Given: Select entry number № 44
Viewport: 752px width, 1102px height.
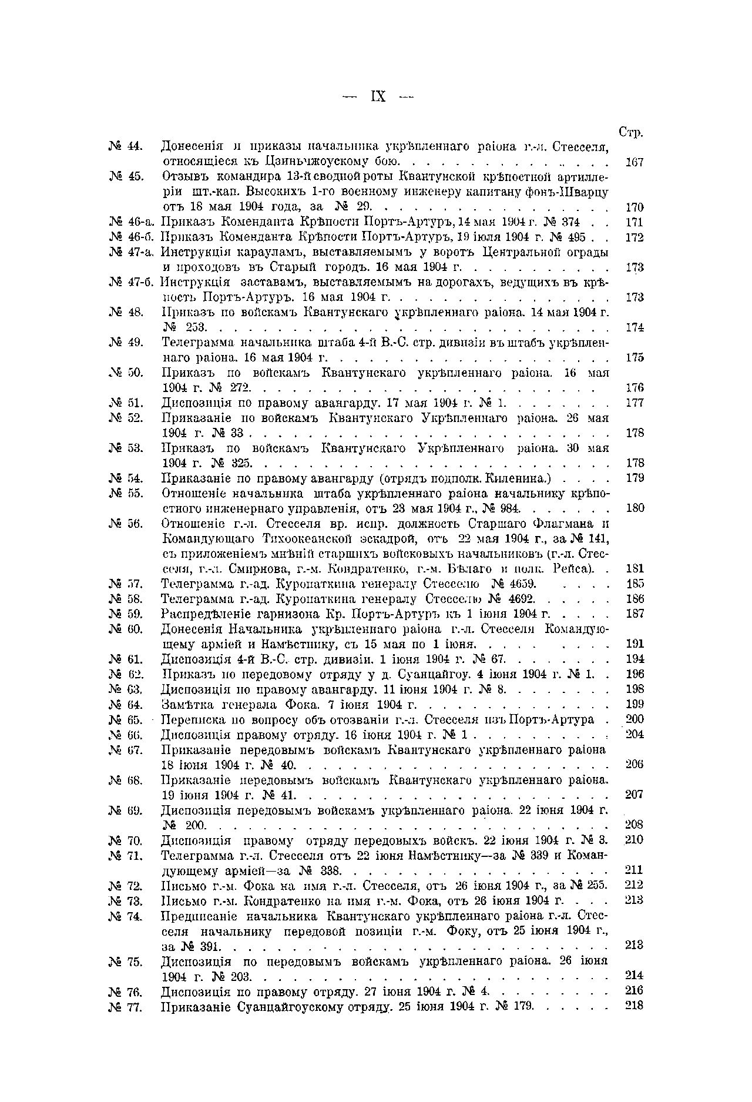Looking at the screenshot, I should tap(126, 146).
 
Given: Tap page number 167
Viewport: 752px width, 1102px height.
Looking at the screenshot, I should tap(634, 162).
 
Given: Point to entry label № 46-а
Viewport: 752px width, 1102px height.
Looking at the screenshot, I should tap(131, 222).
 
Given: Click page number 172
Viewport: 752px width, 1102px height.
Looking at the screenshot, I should tap(634, 237).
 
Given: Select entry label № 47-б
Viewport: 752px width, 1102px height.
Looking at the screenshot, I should tap(131, 282).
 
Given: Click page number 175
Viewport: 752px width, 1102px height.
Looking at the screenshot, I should tap(634, 357).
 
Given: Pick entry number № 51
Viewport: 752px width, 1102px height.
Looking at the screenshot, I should tap(126, 403).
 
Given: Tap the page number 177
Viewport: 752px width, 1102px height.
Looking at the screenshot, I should tap(634, 403).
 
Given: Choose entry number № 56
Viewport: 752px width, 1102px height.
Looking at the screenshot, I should tap(126, 523).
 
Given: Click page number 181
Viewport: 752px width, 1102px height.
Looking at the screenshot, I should tap(634, 568).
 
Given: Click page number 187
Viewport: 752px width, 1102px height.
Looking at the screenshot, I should tap(634, 614).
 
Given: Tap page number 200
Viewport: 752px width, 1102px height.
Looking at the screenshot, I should tap(634, 719).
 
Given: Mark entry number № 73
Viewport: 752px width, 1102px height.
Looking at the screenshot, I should tap(126, 900).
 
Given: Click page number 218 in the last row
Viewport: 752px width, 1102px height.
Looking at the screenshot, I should tap(634, 1006).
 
